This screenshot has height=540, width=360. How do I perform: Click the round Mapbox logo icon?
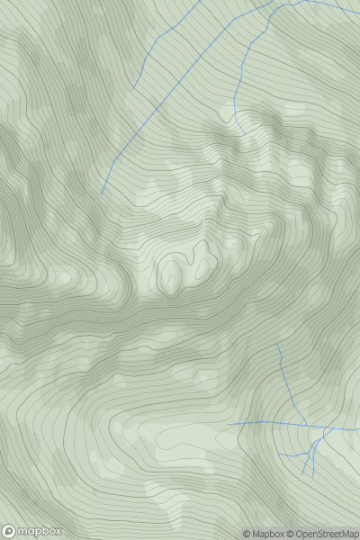click(9, 532)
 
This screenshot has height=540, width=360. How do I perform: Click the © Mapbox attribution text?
click(263, 534)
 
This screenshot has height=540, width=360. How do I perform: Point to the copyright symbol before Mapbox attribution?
click(247, 534)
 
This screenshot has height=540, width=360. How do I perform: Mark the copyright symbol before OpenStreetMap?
click(291, 534)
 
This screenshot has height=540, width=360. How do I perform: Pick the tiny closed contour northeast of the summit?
click(236, 244)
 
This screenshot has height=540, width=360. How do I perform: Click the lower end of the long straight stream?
click(101, 194)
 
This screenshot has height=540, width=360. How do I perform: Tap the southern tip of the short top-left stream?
click(132, 91)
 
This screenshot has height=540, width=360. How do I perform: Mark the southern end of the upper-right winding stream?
click(243, 133)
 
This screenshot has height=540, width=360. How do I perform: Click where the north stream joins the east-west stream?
click(306, 425)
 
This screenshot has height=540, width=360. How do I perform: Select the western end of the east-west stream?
click(229, 423)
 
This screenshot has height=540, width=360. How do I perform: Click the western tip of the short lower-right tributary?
click(279, 453)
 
